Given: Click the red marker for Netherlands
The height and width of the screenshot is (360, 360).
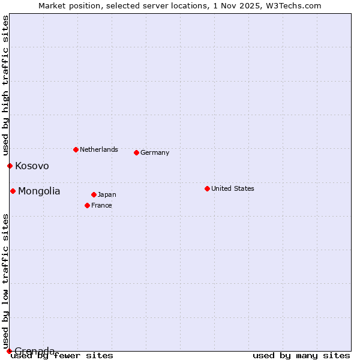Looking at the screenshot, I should tap(76, 149).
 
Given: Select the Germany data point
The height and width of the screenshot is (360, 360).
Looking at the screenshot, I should tap(136, 152).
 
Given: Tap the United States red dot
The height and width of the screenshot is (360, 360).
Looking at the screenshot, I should tap(207, 188).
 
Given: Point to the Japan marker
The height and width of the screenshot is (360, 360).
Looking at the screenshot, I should tap(94, 194).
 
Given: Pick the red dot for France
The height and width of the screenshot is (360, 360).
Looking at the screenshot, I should tap(87, 205).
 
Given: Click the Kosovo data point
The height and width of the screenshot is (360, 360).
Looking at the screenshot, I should tap(10, 166).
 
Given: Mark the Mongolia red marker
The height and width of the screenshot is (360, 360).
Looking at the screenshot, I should tap(13, 191).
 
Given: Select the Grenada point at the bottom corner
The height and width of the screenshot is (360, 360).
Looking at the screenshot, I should tap(9, 351).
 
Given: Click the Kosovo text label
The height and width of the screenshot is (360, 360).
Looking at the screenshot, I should tap(32, 166).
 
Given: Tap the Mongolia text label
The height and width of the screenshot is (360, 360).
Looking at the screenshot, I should tap(39, 191).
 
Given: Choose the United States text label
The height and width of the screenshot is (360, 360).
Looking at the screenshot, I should tap(232, 188).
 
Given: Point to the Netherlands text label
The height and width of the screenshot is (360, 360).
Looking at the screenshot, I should tap(98, 149).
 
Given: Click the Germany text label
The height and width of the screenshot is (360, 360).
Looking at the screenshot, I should tap(155, 152).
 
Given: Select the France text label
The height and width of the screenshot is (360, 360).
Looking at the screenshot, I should tap(101, 205).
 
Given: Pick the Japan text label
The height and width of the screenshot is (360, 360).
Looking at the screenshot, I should tap(107, 194).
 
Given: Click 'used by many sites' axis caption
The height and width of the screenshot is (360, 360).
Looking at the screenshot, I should tap(301, 356).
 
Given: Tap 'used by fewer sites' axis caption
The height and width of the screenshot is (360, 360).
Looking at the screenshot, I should tap(62, 356).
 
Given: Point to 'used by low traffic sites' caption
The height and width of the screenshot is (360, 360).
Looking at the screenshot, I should tap(6, 281).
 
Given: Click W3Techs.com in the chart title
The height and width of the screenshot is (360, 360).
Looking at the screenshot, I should tap(293, 5).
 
